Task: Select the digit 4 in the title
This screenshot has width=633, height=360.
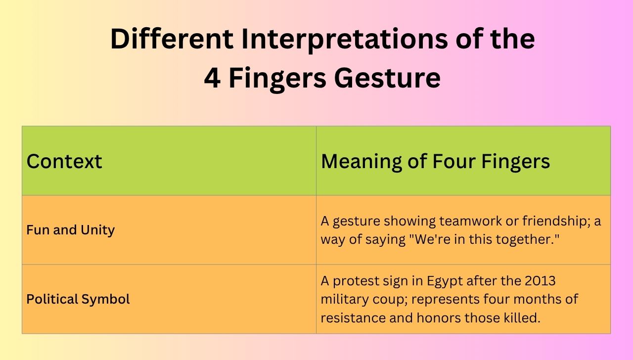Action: [212, 78]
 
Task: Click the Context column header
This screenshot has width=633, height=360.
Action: [64, 161]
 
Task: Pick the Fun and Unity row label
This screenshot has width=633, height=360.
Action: [70, 230]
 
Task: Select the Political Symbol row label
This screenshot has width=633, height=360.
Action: [78, 299]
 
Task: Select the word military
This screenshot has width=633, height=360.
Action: [344, 299]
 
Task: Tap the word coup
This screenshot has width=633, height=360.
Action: [389, 299]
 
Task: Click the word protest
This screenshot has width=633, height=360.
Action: [354, 281]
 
